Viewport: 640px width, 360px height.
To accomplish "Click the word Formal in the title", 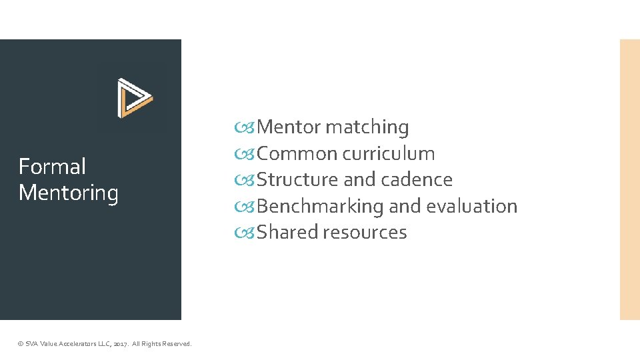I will (52, 166).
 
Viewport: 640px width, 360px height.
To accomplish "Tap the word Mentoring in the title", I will (69, 193).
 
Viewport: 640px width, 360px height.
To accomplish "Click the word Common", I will (297, 153).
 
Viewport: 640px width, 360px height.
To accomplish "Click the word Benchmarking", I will (320, 206).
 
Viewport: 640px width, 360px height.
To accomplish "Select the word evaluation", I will (472, 206).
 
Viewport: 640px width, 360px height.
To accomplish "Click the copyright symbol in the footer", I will (20, 344).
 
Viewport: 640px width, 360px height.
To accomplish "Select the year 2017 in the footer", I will (121, 344).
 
